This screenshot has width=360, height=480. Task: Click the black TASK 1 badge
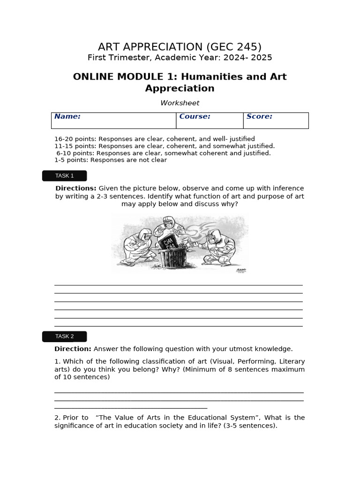point(65,176)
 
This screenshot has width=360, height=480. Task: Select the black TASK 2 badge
point(65,336)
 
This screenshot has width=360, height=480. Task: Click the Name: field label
point(67,117)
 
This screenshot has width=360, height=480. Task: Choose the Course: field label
point(195,117)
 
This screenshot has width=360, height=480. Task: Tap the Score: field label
point(259,117)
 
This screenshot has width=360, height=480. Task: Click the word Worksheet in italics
point(180,103)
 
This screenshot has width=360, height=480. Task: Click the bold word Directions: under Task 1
point(76,188)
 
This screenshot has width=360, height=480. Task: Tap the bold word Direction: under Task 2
point(73,349)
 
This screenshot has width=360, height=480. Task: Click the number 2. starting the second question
point(57,418)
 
